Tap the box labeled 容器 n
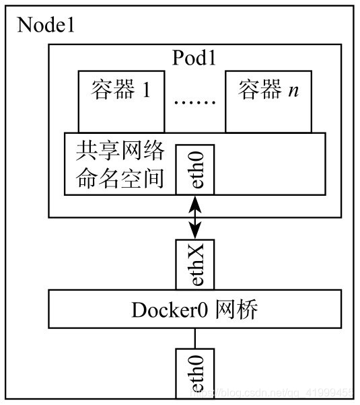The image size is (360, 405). pos(268,101)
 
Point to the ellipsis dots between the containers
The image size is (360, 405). pos(195,102)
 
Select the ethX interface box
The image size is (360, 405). pos(195,264)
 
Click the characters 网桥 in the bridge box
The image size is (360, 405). pos(240,311)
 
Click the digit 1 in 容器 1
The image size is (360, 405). pos(145,91)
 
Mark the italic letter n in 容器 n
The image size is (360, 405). pos(293,91)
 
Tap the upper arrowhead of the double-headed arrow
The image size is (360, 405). pos(195,201)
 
